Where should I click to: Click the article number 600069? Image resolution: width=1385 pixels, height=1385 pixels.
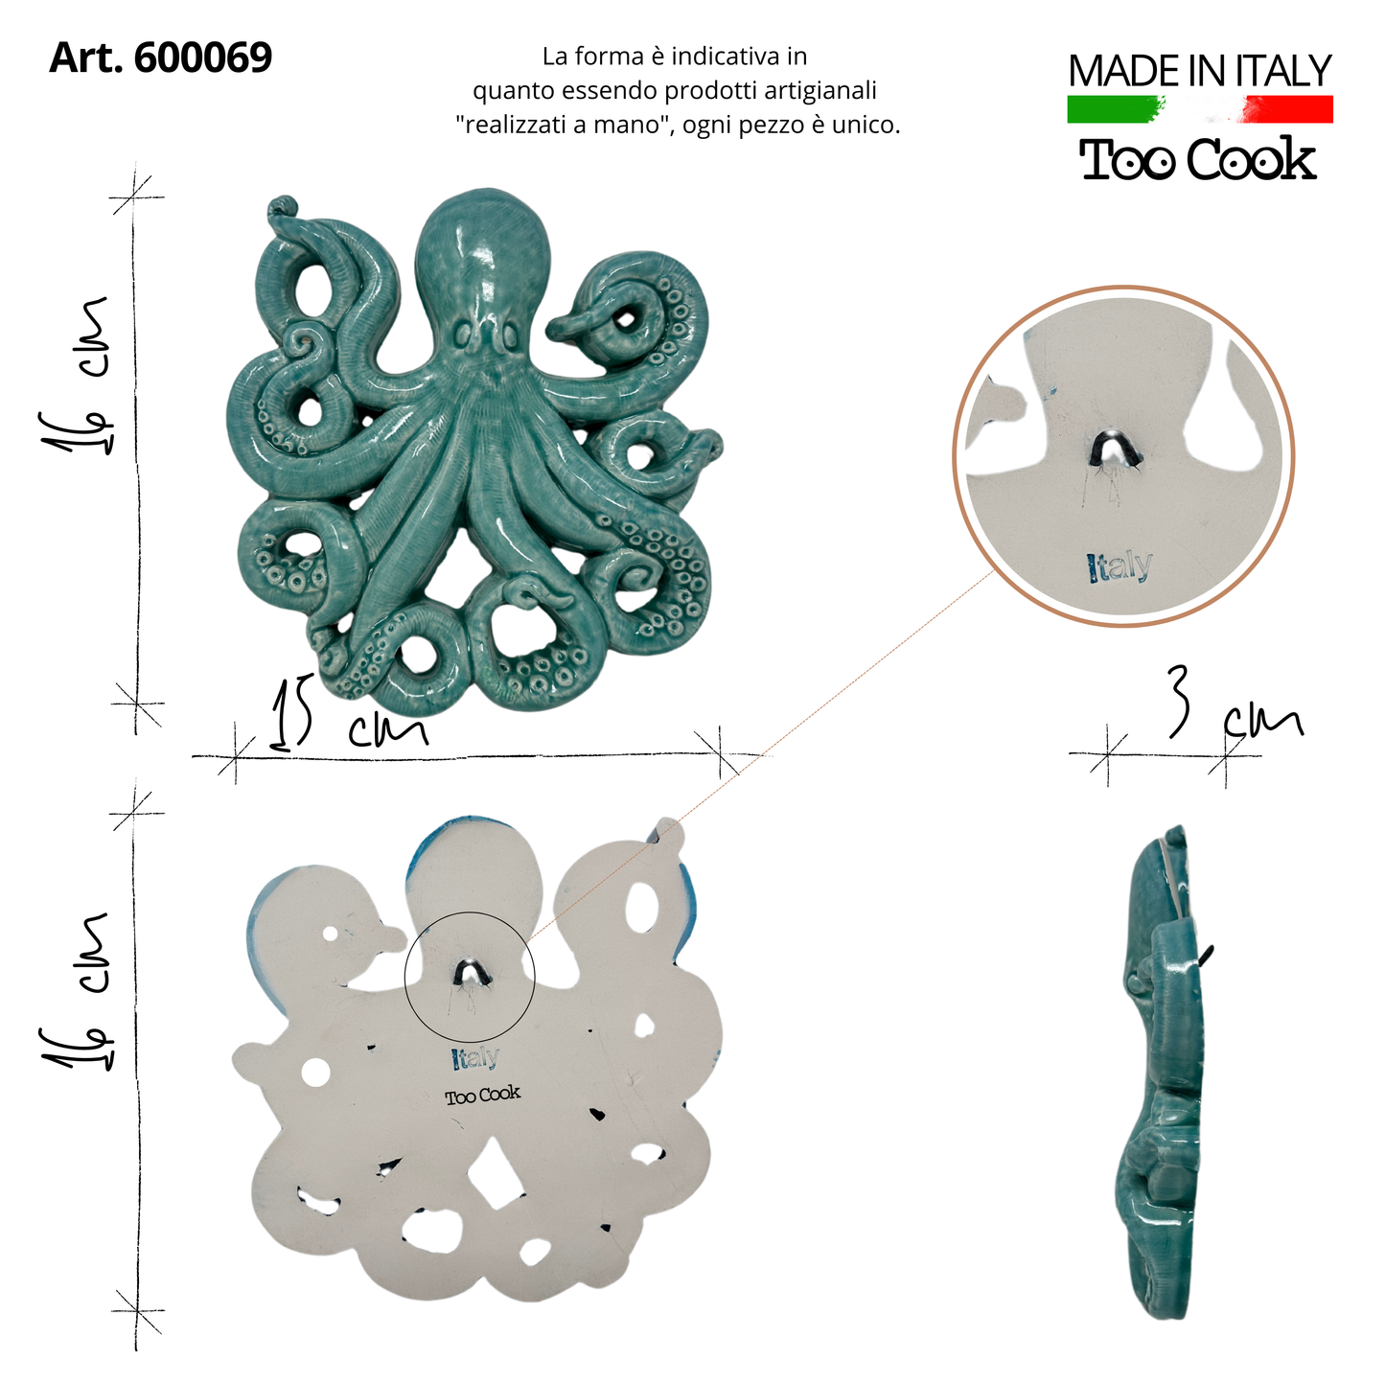coord(203,58)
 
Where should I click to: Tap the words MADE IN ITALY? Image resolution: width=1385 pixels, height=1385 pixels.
coord(1200,71)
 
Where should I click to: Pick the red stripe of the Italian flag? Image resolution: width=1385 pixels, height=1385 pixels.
coord(1289,109)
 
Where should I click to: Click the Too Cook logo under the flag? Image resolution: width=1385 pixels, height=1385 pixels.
coord(1198,159)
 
